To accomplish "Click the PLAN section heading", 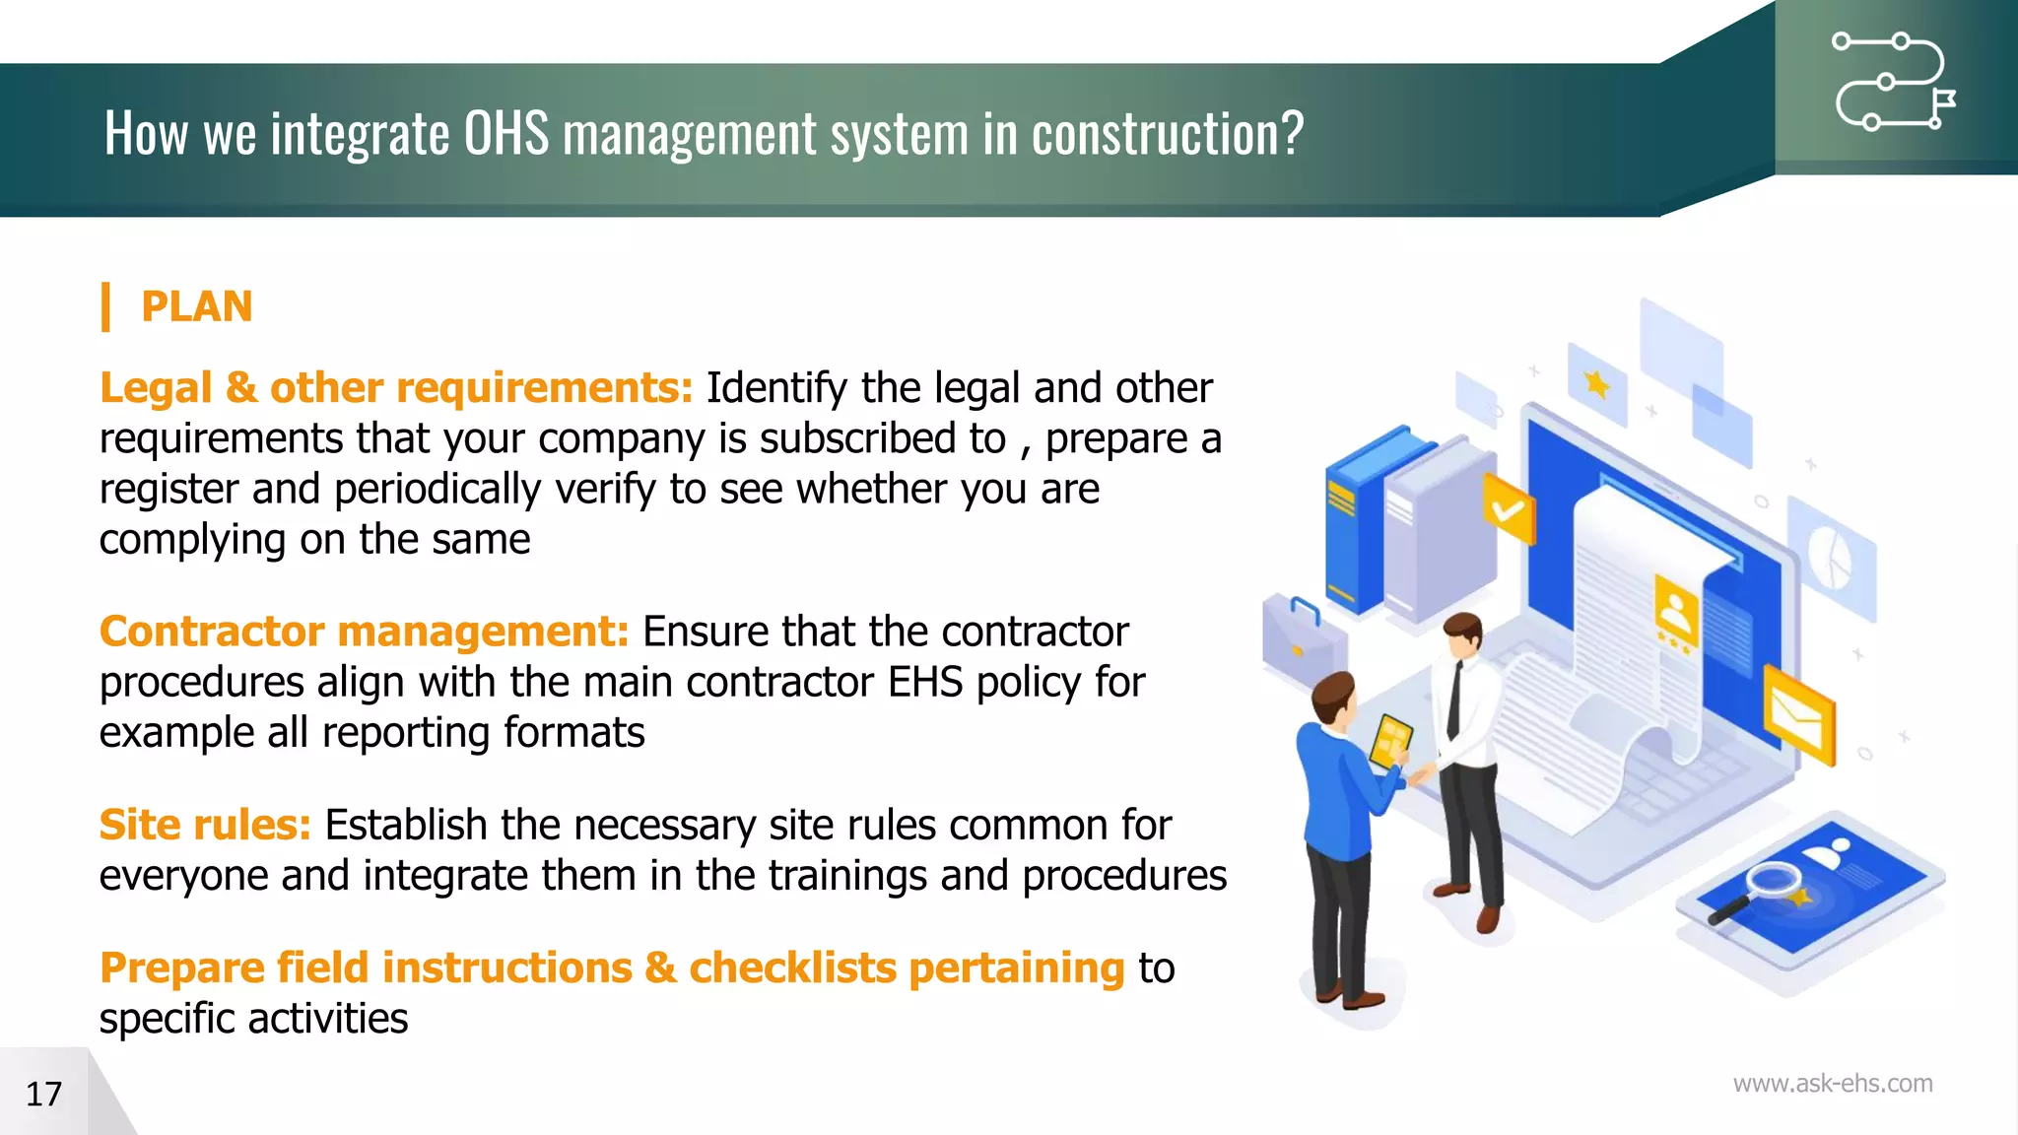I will pos(196,306).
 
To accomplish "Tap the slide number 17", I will pos(43,1094).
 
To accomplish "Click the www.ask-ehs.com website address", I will pos(1832,1084).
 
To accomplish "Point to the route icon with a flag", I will pos(1893,82).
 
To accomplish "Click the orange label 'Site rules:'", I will pos(205,825).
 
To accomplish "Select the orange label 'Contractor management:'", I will pos(364,632).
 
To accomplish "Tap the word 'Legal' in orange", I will pos(156,388).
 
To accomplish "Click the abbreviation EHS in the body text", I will pos(924,682).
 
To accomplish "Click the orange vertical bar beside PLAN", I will pos(105,306).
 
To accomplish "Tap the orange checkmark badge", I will pos(1509,509).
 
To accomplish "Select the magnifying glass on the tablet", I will pos(1764,886).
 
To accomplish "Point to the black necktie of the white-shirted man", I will pos(1454,701).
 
